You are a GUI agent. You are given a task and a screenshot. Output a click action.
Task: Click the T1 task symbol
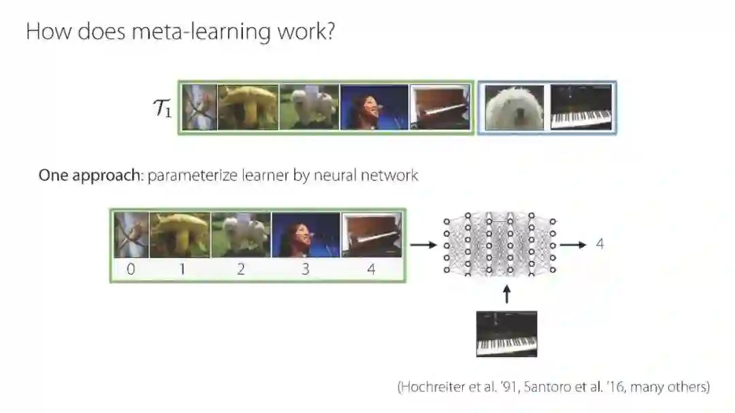pos(161,109)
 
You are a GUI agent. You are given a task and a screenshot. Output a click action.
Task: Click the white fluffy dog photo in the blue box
pos(514,107)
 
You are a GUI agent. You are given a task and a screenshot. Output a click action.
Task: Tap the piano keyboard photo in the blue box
pos(581,108)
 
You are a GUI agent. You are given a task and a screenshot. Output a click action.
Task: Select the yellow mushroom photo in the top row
pos(248,107)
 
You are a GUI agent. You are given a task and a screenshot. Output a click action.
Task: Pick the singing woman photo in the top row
pos(374,107)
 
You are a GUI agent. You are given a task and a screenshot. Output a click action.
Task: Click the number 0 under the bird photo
pos(131,269)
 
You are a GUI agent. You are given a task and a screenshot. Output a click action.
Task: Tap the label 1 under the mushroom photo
pos(182,269)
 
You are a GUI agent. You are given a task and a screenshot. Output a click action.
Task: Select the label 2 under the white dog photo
pos(241,269)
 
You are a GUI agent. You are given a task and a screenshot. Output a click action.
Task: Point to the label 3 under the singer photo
pos(305,269)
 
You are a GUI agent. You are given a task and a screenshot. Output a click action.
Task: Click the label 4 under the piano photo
pos(370,269)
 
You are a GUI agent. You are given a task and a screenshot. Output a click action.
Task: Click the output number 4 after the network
pos(600,243)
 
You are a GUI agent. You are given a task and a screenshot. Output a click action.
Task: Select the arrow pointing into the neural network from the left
pos(423,243)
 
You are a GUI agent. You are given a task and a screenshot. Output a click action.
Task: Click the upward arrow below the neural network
pos(506,294)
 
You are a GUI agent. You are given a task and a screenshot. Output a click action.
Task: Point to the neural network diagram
pos(500,243)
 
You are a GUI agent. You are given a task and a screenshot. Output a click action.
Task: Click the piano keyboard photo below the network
pos(506,333)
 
